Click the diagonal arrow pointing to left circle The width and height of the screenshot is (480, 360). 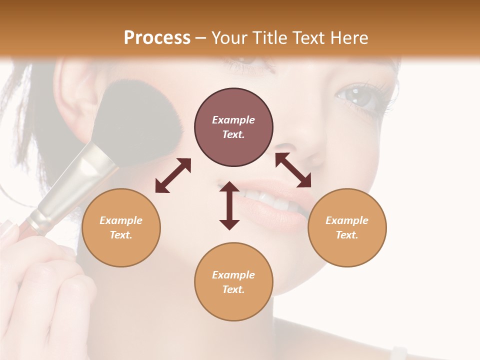173,175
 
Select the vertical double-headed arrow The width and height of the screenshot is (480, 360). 229,205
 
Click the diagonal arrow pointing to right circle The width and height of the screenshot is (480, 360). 293,170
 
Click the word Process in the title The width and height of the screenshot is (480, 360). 157,37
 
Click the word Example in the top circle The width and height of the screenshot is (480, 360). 233,120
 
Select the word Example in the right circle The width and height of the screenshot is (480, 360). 347,220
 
